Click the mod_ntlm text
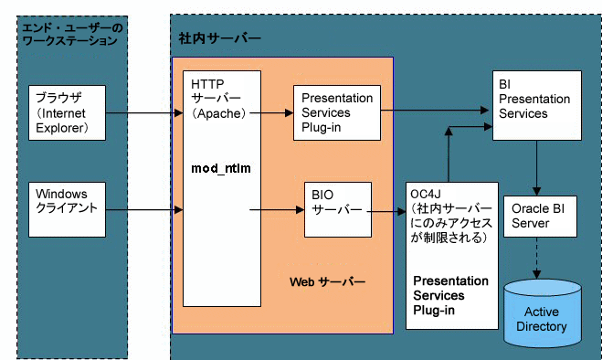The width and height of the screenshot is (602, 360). tap(220, 169)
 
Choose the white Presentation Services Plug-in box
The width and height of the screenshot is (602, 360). tap(336, 112)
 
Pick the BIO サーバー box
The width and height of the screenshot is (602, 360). tap(338, 209)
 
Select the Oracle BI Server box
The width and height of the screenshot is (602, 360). tap(540, 216)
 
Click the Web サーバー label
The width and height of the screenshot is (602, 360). tap(327, 279)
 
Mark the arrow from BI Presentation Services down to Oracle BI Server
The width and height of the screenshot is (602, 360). tap(540, 166)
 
